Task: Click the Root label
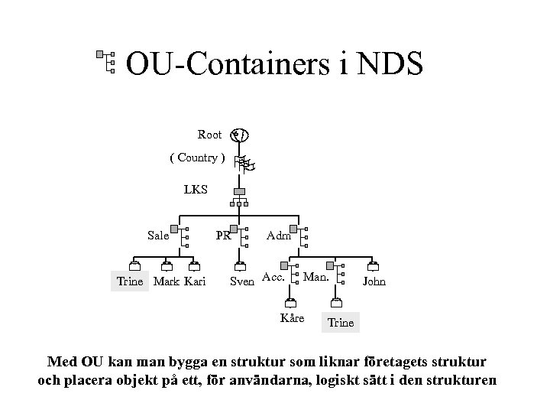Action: point(209,135)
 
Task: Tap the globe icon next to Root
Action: point(240,135)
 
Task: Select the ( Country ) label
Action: point(196,158)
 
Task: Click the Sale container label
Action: point(158,236)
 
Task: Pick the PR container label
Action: point(223,236)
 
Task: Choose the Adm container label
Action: point(278,236)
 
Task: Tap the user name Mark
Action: point(166,281)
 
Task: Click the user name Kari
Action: point(195,281)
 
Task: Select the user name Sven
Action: point(242,281)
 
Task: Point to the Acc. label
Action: point(273,276)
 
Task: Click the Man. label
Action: point(316,276)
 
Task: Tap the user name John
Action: point(374,281)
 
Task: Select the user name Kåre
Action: point(293,317)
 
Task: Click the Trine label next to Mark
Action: point(129,281)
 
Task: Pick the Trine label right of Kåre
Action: point(341,322)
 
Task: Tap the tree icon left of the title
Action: point(106,62)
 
